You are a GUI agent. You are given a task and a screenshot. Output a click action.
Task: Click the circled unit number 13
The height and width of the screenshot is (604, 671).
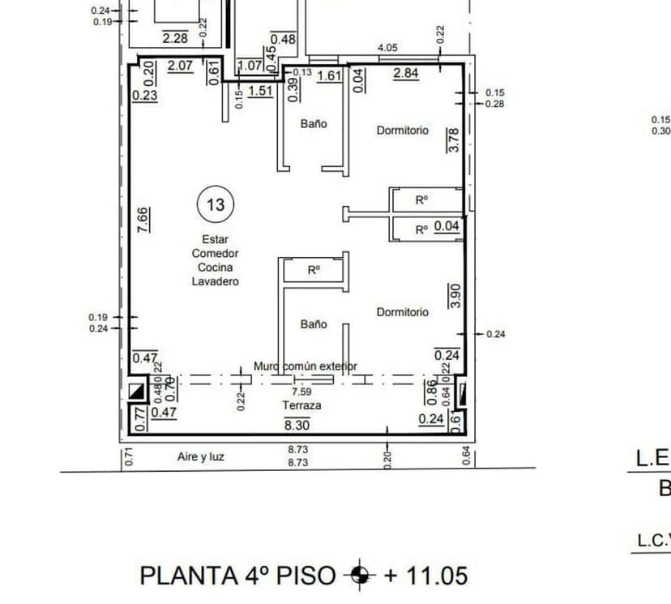pos(216,204)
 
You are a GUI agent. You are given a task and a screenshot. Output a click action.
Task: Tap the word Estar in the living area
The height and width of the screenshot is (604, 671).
pos(216,239)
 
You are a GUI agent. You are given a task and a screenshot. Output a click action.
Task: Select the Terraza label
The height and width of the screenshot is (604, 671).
pos(301,405)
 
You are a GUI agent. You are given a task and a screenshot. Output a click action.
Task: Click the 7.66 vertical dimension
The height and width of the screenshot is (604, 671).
pos(143,221)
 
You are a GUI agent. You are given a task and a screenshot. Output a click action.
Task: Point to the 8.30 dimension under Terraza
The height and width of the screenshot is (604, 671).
pos(296,423)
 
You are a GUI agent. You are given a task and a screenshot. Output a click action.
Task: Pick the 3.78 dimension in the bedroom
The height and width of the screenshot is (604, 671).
pos(454,140)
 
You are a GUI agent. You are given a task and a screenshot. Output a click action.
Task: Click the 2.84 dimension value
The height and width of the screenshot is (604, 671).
pos(405,74)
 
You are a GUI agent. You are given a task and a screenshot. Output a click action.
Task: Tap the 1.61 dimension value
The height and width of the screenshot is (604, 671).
pos(329,75)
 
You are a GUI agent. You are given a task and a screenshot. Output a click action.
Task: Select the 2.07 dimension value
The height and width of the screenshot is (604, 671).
pos(180,66)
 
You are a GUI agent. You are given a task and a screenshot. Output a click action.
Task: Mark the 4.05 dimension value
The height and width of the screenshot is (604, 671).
pos(387,49)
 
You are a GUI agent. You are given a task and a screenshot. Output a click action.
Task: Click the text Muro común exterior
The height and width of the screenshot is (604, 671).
pos(306,366)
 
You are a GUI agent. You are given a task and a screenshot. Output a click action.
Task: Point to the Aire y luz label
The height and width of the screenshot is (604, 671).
pos(201,457)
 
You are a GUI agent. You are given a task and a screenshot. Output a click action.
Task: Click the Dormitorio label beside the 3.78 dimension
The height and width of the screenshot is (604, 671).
pos(402,130)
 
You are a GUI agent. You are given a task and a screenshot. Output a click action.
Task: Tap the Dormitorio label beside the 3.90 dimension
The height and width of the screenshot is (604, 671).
pos(402,311)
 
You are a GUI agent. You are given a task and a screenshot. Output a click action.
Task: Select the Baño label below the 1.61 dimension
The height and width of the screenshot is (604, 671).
pos(314,124)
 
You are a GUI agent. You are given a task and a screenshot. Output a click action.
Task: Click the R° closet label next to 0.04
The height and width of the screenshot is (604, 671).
pos(421,229)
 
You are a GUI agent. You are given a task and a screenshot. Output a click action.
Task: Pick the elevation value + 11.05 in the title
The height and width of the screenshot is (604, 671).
pos(425,576)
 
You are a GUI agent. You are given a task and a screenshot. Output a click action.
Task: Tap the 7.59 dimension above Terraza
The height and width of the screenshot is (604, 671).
pos(301,391)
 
